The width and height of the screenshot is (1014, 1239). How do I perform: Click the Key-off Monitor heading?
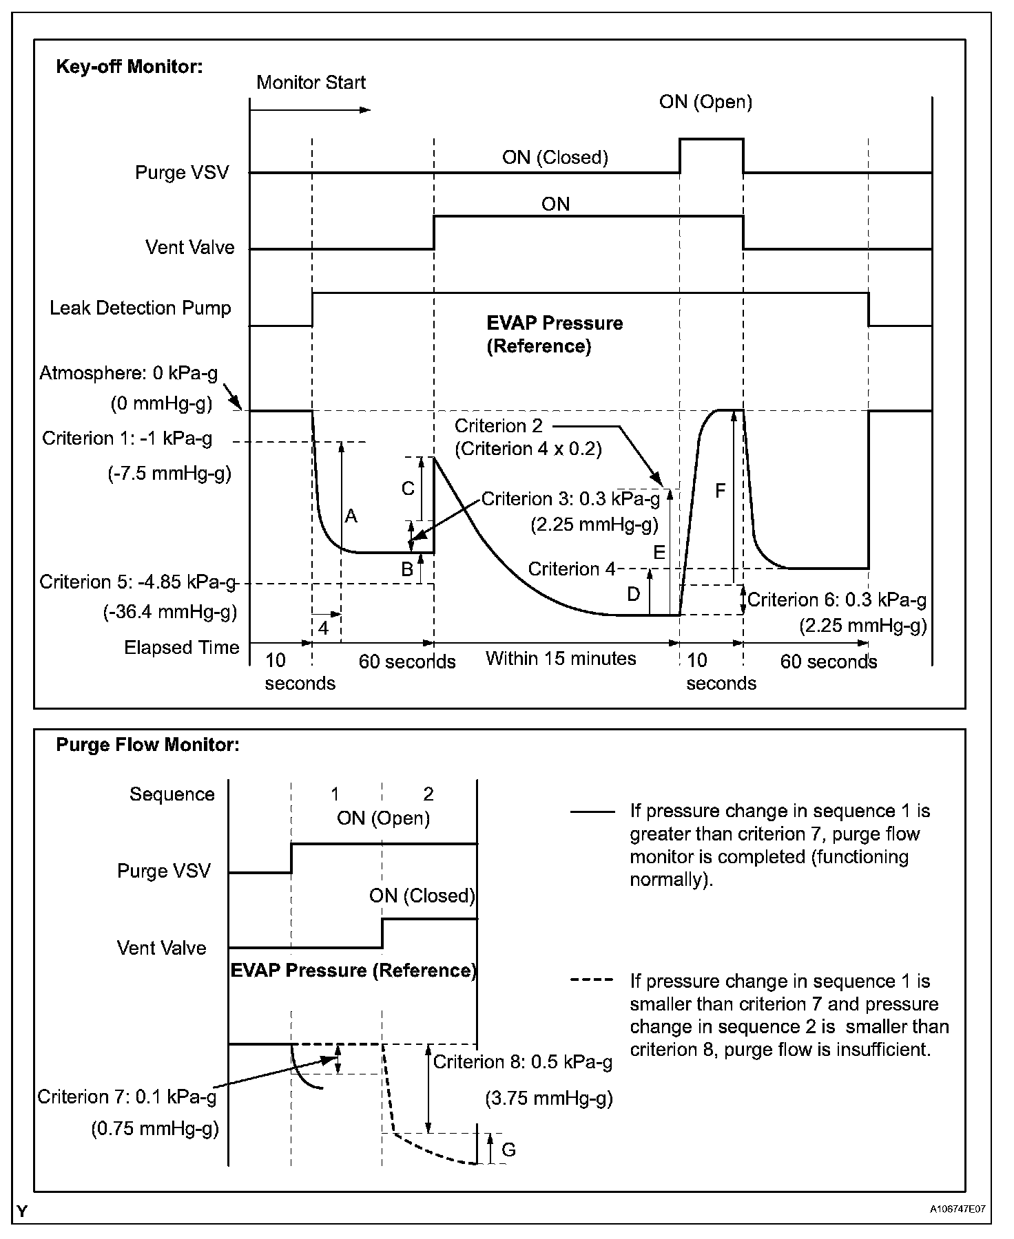(129, 67)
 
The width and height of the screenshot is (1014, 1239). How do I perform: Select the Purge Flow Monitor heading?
(147, 745)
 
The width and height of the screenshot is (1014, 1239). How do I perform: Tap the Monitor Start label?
(311, 83)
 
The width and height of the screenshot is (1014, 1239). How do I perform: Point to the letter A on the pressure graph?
(351, 516)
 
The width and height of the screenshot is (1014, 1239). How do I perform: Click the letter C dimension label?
(408, 488)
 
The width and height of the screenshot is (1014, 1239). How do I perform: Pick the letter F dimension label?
(721, 491)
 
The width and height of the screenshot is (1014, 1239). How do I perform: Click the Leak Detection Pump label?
(141, 308)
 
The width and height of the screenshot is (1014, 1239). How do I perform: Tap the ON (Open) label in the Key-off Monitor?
(705, 103)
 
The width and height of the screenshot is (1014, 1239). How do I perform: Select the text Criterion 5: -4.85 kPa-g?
(138, 582)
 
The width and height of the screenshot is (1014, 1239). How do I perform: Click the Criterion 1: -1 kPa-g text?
(127, 438)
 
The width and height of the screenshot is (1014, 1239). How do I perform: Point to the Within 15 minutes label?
(560, 659)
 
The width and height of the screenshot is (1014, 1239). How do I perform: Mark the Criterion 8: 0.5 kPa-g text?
(522, 1062)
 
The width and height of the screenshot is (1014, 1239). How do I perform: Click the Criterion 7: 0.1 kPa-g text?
(127, 1097)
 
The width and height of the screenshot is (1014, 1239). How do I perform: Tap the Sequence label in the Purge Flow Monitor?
(172, 794)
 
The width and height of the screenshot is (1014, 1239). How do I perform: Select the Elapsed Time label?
(182, 648)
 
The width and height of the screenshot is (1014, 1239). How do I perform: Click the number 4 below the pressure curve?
(323, 628)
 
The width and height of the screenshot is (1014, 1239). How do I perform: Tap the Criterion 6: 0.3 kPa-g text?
(836, 600)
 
